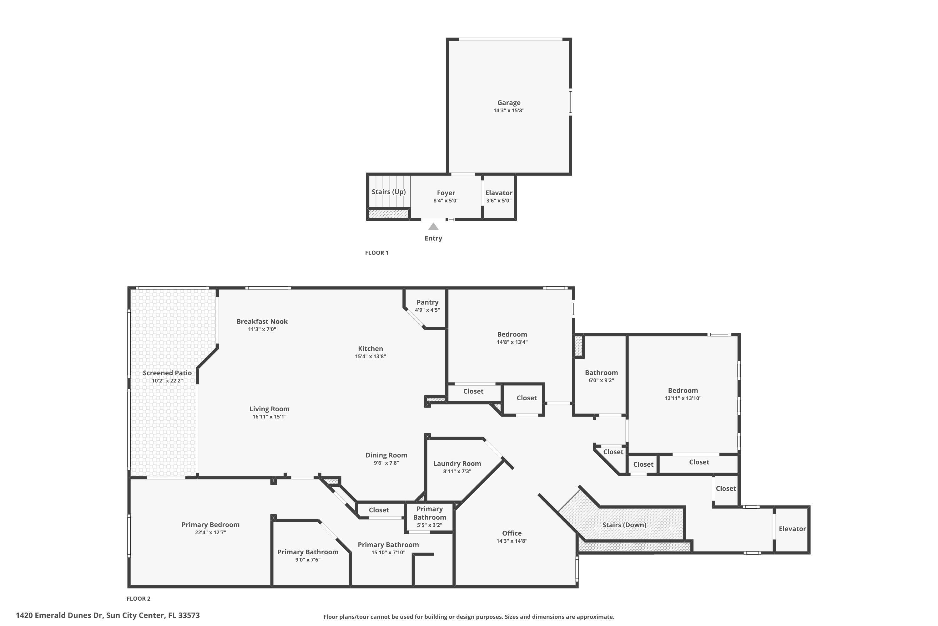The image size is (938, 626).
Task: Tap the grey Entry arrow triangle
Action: [x=433, y=227]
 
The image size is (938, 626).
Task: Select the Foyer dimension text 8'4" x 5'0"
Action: [x=446, y=200]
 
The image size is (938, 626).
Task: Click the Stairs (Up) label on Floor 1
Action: [x=388, y=192]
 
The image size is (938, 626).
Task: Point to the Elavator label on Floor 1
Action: [x=498, y=193]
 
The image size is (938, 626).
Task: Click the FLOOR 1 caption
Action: [x=376, y=253]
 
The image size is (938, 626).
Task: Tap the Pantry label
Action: [x=427, y=302]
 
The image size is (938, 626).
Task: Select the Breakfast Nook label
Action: [x=262, y=321]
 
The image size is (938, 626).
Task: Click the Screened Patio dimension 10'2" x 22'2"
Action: [x=167, y=381]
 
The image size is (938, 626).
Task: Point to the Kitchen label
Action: [x=370, y=349]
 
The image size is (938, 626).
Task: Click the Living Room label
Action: [x=269, y=409]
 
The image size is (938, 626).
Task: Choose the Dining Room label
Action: [x=386, y=455]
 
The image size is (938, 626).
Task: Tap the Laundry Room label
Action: [x=457, y=464]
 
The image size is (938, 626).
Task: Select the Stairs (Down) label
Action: [x=624, y=525]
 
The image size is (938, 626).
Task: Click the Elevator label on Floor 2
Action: [x=792, y=529]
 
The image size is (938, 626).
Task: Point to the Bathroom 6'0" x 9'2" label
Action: [x=601, y=372]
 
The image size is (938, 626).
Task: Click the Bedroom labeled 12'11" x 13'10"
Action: [x=683, y=390]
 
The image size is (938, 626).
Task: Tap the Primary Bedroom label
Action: [x=210, y=525]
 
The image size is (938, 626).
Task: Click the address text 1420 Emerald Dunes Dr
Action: [x=59, y=615]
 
